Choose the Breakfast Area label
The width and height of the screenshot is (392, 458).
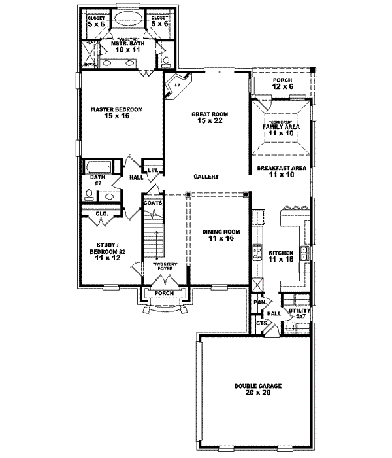(x=282, y=171)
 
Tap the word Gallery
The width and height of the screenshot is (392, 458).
(x=206, y=177)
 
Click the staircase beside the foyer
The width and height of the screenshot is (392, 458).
(x=152, y=239)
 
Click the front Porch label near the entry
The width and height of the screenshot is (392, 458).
(x=164, y=293)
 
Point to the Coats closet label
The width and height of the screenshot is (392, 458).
(x=154, y=203)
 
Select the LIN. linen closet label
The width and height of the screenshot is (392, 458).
(x=153, y=170)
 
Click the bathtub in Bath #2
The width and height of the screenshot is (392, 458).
(x=97, y=167)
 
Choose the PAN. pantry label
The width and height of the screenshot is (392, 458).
(x=260, y=304)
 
